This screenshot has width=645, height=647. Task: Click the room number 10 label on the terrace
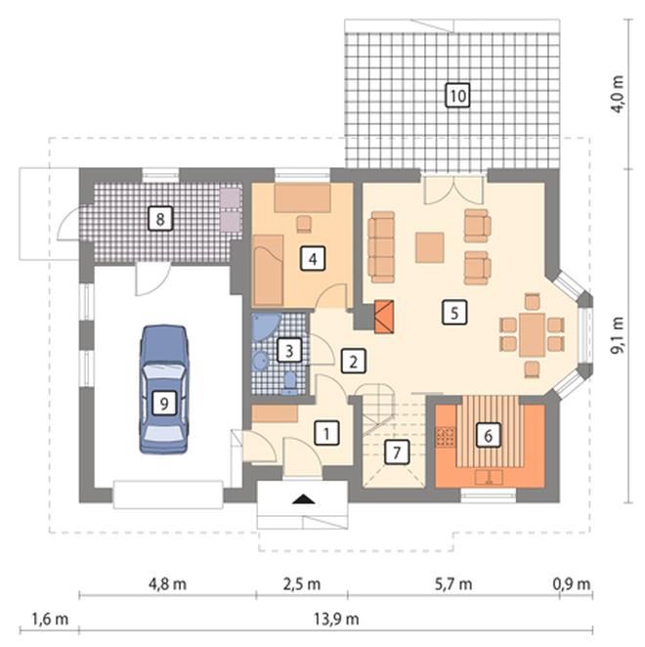click(x=457, y=96)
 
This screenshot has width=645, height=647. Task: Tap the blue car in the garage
click(x=164, y=389)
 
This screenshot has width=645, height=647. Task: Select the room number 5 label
click(x=454, y=312)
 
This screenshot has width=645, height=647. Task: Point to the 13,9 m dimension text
click(x=336, y=619)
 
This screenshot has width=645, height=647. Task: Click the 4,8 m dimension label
click(x=167, y=583)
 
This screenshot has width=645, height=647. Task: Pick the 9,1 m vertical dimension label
click(x=618, y=335)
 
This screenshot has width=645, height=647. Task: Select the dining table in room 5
click(x=533, y=334)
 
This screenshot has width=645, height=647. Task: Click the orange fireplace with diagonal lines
click(x=384, y=317)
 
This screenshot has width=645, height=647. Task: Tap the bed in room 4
click(x=268, y=270)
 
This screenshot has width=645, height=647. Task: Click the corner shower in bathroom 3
click(x=266, y=326)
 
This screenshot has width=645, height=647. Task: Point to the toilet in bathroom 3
click(x=290, y=383)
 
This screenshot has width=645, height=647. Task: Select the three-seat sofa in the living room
click(x=382, y=246)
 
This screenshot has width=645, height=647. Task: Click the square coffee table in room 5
click(x=430, y=247)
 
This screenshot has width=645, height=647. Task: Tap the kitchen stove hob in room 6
click(x=446, y=437)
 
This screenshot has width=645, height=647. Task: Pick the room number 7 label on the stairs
click(x=397, y=453)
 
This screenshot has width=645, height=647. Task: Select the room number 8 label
click(x=160, y=218)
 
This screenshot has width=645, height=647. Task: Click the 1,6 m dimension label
click(x=50, y=619)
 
